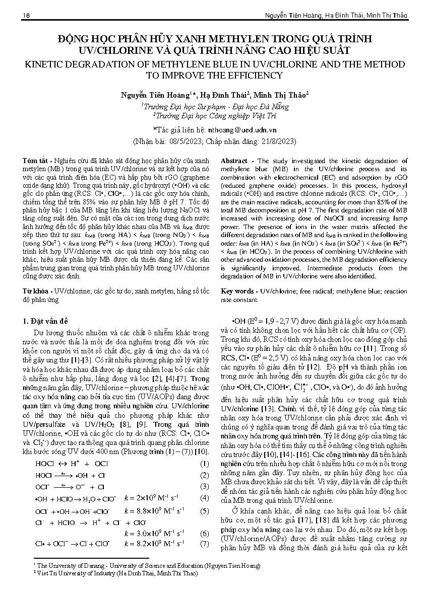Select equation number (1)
click(x=204, y=464)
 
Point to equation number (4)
click(x=204, y=498)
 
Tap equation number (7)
click(x=204, y=544)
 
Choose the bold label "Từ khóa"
click(x=37, y=291)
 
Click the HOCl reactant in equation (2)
click(x=43, y=475)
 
